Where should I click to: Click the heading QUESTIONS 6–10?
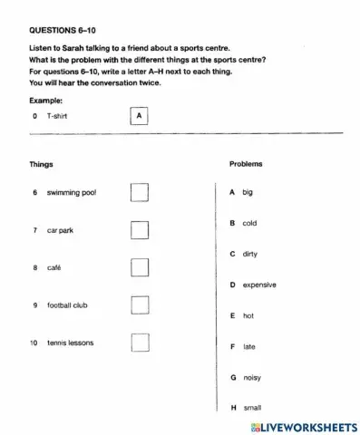(57, 30)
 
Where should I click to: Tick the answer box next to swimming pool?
(139, 192)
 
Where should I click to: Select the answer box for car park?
(139, 230)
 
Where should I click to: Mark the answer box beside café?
(139, 267)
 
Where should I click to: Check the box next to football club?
(139, 305)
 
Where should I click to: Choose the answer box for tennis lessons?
(139, 343)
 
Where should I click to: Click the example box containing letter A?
(139, 116)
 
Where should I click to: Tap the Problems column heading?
(246, 164)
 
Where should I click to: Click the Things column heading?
(41, 164)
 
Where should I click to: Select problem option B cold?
(244, 223)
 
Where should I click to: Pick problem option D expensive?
(253, 285)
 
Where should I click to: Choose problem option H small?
(246, 408)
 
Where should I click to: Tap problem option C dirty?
(245, 254)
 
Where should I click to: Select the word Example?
(45, 100)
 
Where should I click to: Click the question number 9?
(34, 305)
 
